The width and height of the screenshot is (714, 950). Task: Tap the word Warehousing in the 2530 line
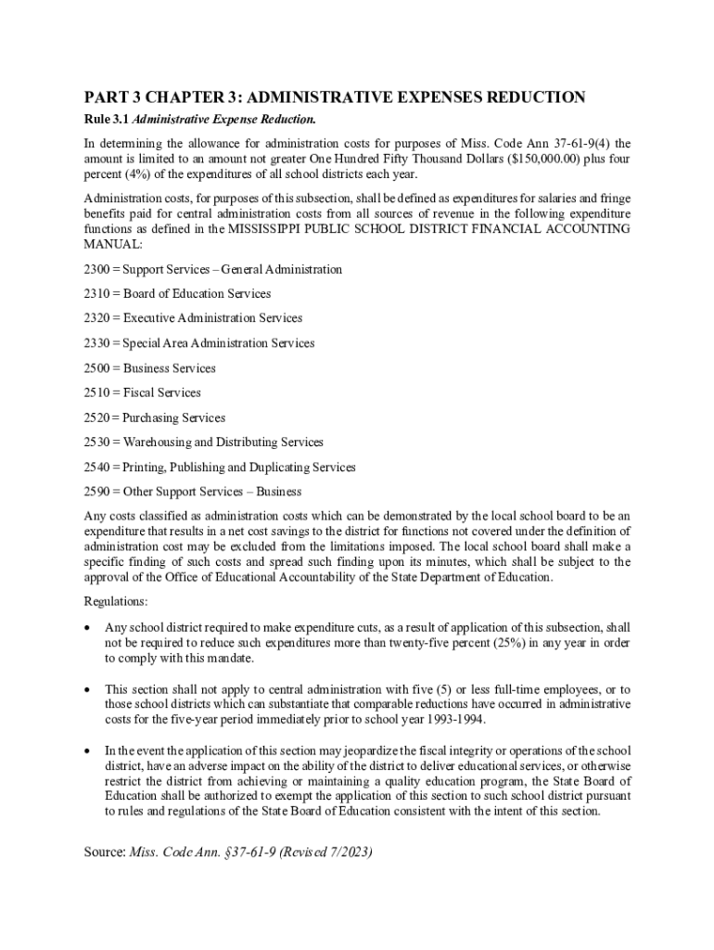point(157,443)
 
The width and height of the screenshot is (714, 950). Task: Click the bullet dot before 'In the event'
point(88,750)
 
